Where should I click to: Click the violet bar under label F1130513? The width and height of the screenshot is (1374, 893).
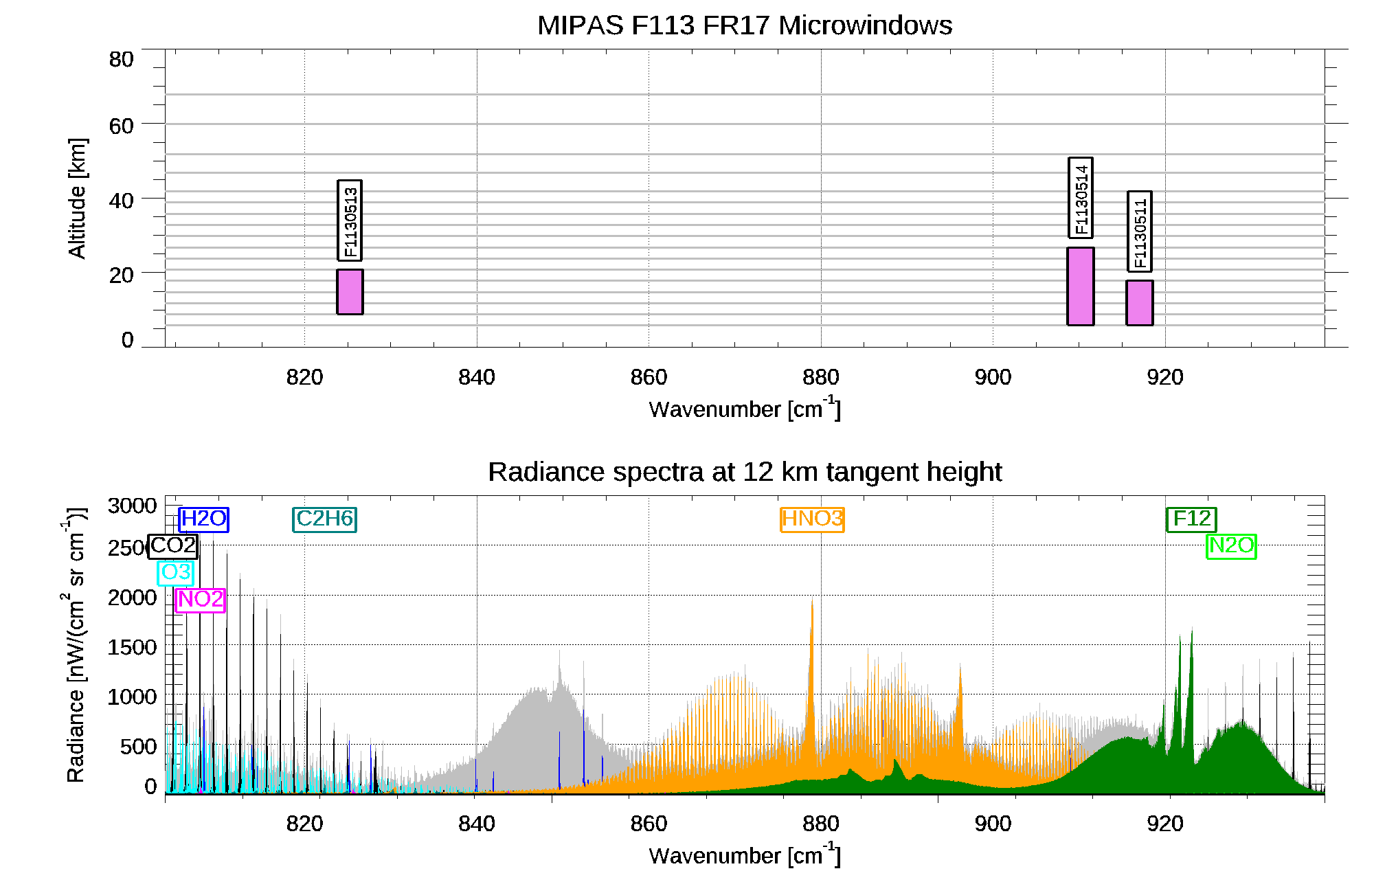(x=350, y=292)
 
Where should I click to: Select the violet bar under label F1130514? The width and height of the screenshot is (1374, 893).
(x=1080, y=286)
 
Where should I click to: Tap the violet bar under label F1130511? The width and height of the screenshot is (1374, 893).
(x=1139, y=303)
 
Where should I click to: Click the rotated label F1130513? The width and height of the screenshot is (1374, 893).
(x=350, y=221)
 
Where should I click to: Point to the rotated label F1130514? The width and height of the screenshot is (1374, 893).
(x=1080, y=198)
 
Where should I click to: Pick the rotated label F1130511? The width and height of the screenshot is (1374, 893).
(x=1139, y=231)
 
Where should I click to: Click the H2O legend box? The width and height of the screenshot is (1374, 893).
(x=203, y=519)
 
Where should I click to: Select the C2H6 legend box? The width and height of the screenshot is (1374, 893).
(x=324, y=519)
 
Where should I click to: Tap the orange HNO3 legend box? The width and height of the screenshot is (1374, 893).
(x=812, y=519)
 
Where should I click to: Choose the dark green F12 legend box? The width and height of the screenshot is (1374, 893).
(x=1191, y=519)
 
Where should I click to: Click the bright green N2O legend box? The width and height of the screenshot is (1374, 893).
(x=1231, y=546)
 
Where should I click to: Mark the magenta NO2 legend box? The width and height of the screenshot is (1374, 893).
(x=200, y=600)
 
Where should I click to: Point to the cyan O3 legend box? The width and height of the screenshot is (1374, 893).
(x=176, y=573)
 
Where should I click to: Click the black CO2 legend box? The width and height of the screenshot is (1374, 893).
(x=173, y=546)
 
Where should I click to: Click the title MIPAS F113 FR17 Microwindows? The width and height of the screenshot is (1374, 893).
(x=745, y=25)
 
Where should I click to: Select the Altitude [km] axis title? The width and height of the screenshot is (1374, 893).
(x=77, y=198)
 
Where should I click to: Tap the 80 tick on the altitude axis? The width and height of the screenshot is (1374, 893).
(x=121, y=60)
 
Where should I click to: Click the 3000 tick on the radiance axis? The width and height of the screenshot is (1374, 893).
(x=132, y=506)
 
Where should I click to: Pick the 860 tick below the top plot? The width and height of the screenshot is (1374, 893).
(x=649, y=377)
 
